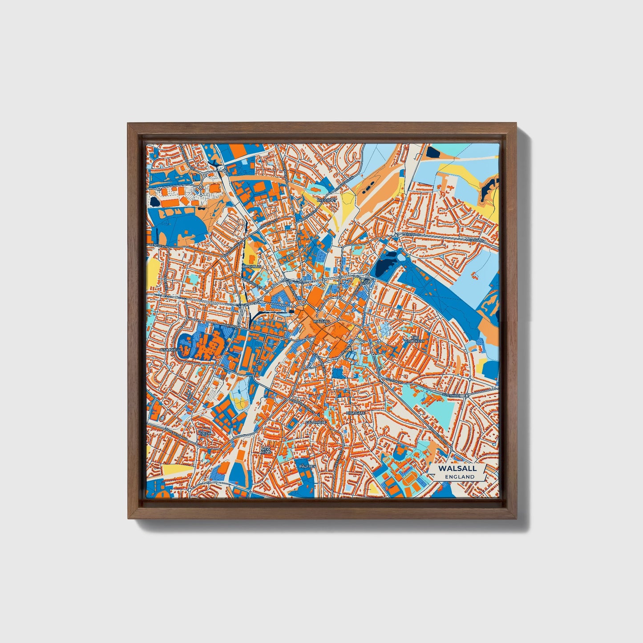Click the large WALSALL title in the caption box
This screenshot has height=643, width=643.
pyautogui.click(x=457, y=468)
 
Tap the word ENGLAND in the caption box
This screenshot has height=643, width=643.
pyautogui.click(x=459, y=477)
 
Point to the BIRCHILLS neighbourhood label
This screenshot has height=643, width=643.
pyautogui.click(x=252, y=266)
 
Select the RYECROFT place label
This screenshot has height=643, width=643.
pyautogui.click(x=324, y=201)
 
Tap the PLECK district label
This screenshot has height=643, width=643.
pyautogui.click(x=204, y=433)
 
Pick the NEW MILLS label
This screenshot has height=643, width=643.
pyautogui.click(x=266, y=451)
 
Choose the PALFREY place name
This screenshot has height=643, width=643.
pyautogui.click(x=307, y=466)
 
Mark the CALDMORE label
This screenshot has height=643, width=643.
pyautogui.click(x=316, y=422)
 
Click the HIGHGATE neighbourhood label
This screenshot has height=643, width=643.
pyautogui.click(x=356, y=413)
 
